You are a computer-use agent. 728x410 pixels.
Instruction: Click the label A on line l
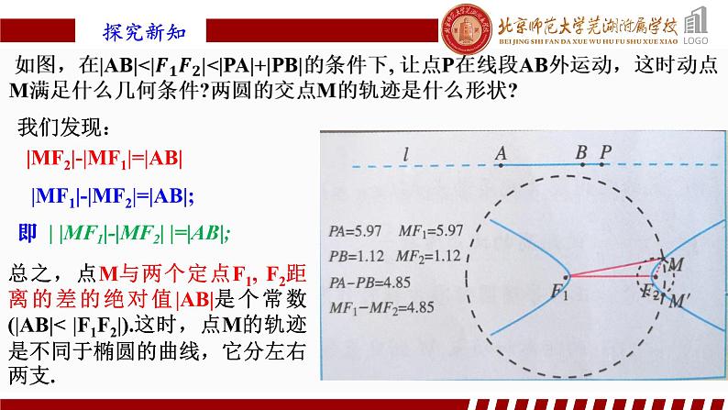pyautogui.click(x=501, y=153)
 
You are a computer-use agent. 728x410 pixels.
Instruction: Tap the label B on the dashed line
pyautogui.click(x=581, y=152)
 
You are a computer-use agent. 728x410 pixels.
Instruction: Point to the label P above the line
pyautogui.click(x=604, y=152)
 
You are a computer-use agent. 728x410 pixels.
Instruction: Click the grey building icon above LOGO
pyautogui.click(x=701, y=21)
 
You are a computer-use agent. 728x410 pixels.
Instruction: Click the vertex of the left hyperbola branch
pyautogui.click(x=568, y=274)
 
